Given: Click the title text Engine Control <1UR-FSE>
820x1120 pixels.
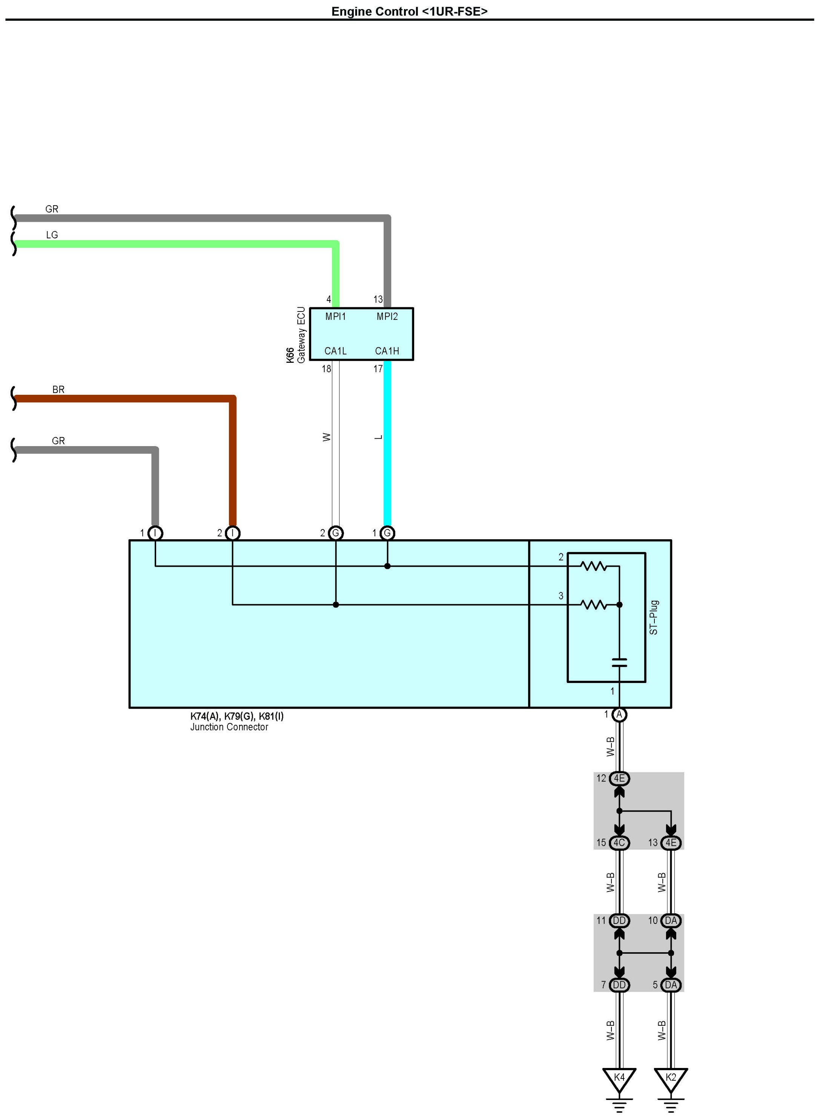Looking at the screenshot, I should tap(410, 11).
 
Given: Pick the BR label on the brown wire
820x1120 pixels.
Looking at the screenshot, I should tap(58, 390).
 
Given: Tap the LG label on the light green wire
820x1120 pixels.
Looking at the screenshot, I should tap(52, 235).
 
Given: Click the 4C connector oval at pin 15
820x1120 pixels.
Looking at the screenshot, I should tap(619, 842).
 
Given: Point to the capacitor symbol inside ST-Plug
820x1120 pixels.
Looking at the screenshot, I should tap(619, 663).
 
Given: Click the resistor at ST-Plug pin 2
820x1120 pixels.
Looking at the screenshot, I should tap(594, 566).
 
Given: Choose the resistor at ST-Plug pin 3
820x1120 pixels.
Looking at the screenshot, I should tap(594, 604).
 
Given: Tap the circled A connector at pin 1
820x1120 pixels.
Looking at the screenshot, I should tap(619, 715).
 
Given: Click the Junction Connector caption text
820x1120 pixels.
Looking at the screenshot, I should tap(229, 727).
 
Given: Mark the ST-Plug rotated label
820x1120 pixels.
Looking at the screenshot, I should tap(654, 617).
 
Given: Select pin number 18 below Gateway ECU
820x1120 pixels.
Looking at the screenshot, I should tap(326, 369).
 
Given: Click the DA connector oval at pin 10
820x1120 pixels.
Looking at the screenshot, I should tap(671, 921).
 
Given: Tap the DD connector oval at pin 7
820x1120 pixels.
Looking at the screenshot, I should tap(619, 985).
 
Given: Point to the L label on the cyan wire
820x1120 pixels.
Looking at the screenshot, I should tap(379, 437).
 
